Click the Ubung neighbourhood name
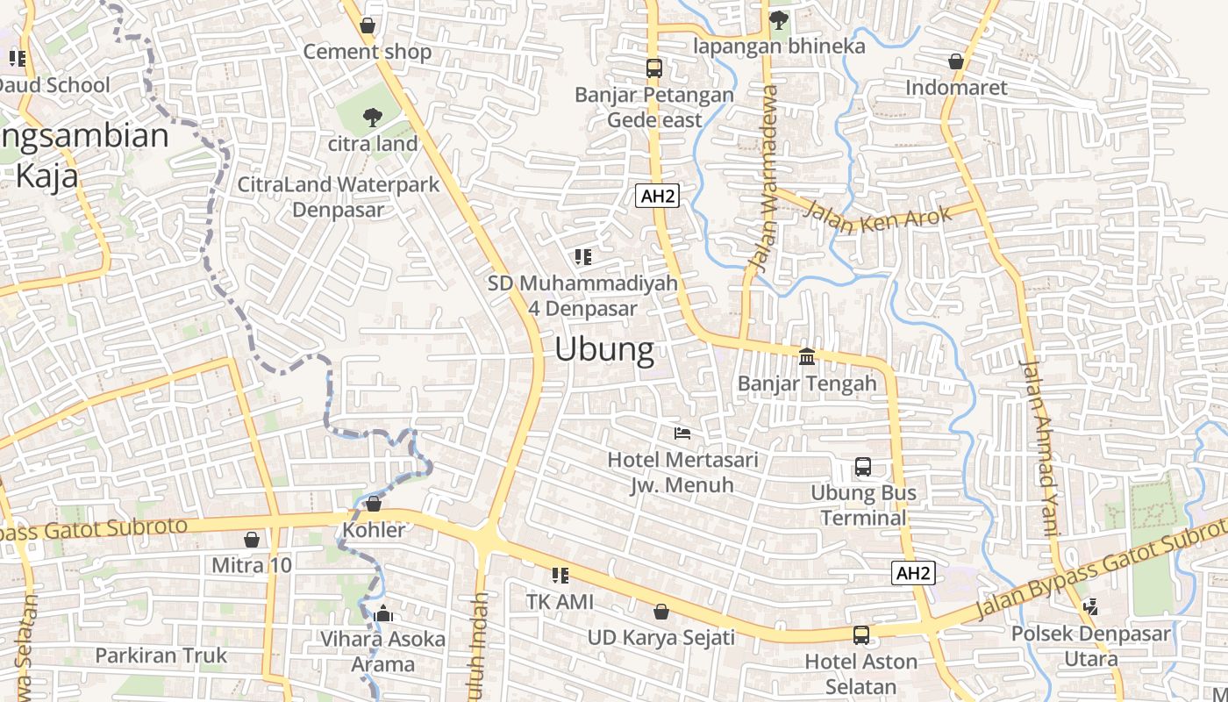(x=604, y=350)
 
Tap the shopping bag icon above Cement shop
(x=368, y=25)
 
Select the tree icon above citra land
(x=373, y=117)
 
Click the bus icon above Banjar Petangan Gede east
(x=653, y=68)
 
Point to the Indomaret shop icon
(x=956, y=61)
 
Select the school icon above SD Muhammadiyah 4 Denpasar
(x=583, y=257)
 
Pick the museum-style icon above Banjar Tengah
(x=807, y=356)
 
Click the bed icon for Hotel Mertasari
(x=682, y=433)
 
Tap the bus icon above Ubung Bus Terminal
(x=863, y=467)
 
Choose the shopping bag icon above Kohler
(x=374, y=504)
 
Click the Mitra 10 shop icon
(x=252, y=539)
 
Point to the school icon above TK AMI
(x=560, y=576)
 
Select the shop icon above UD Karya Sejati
(x=661, y=611)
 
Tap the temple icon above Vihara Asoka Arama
(x=382, y=613)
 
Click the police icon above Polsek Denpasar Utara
(x=1090, y=606)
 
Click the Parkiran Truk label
(x=161, y=655)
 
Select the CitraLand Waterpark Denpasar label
(x=339, y=197)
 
